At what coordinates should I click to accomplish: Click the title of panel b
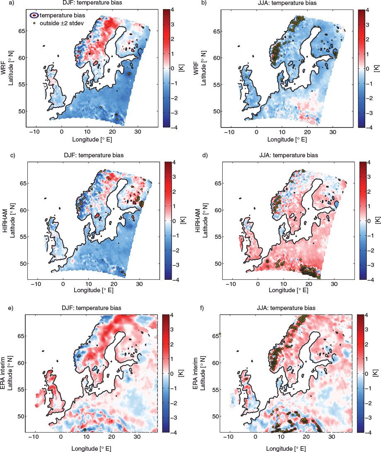[x=287, y=3]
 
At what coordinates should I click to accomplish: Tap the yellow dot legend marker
[x=34, y=23]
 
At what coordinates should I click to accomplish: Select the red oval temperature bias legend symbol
[x=34, y=15]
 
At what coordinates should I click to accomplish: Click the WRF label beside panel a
[x=3, y=68]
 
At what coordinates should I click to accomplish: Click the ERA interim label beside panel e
[x=3, y=373]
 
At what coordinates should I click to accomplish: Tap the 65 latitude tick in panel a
[x=22, y=31]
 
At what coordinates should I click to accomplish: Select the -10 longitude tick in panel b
[x=229, y=132]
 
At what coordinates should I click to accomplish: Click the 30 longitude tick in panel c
[x=139, y=284]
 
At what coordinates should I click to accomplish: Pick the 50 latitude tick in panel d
[x=218, y=264]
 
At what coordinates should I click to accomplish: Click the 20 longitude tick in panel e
[x=112, y=436]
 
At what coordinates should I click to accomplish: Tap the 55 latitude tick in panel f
[x=216, y=389]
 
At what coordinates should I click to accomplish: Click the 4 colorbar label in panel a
[x=172, y=10]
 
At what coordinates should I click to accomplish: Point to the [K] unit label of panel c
[x=182, y=221]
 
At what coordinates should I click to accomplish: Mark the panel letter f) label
[x=202, y=308]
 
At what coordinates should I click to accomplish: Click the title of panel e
[x=92, y=308]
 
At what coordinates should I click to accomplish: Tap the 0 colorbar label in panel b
[x=367, y=69]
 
